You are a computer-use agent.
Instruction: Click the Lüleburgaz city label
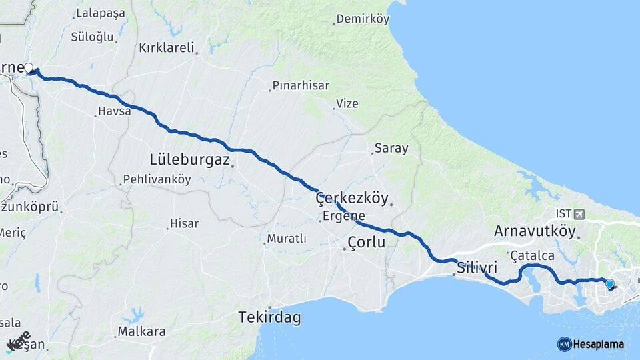[x=190, y=159]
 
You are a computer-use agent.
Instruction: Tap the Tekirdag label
[x=269, y=317]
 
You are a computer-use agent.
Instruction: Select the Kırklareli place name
[x=166, y=47]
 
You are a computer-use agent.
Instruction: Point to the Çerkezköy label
[x=351, y=197]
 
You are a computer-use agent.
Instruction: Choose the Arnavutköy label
[x=534, y=231]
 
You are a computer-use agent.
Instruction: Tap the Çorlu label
[x=366, y=242]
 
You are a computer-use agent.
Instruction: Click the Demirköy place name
[x=362, y=19]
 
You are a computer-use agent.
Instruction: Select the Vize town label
[x=347, y=103]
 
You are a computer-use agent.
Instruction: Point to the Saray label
[x=391, y=148]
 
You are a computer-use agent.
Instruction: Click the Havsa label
[x=114, y=111]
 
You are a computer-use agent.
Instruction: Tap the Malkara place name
[x=141, y=331]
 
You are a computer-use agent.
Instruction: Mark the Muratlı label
[x=286, y=238]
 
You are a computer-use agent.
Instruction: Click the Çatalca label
[x=531, y=255]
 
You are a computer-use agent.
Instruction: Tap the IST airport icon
[x=577, y=214]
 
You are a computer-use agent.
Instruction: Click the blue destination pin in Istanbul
[x=609, y=284]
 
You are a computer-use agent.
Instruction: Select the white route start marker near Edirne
[x=29, y=67]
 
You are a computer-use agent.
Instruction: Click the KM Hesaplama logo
[x=591, y=344]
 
